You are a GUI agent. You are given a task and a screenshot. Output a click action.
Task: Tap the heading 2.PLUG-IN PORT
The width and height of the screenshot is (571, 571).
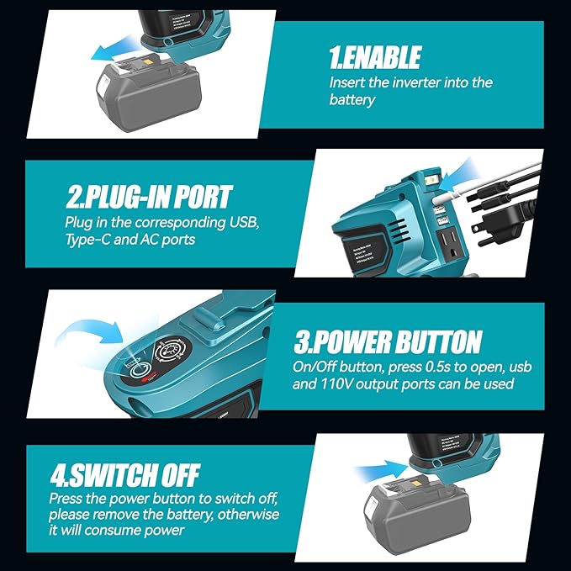point(149,198)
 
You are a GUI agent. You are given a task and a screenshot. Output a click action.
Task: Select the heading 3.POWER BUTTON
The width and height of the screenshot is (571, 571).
point(388,342)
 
